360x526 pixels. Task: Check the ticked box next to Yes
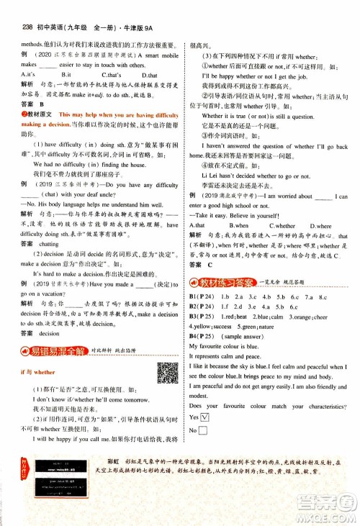(205, 417)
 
